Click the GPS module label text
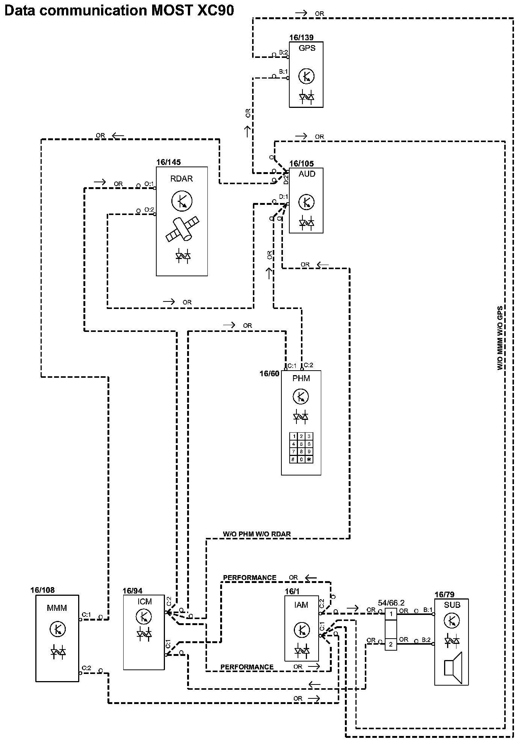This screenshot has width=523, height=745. point(307,48)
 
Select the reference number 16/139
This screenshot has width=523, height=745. point(301,38)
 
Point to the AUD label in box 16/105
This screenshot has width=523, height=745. point(307,174)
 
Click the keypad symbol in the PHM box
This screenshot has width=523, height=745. point(301,448)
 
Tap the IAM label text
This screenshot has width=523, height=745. point(301,605)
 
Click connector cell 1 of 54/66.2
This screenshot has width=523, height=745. point(391,614)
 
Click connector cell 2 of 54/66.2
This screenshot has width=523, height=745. point(391,644)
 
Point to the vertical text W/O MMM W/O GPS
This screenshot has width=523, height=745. point(500,338)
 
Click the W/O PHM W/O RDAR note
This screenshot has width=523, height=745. point(257,534)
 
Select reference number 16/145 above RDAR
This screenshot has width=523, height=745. point(168,162)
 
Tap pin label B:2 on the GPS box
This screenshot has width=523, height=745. point(283,52)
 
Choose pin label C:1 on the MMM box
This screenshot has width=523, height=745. point(86,615)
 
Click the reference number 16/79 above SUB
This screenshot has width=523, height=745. point(444,595)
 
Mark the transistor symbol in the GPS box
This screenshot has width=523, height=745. point(306,76)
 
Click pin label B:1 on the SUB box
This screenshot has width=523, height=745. point(428,610)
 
